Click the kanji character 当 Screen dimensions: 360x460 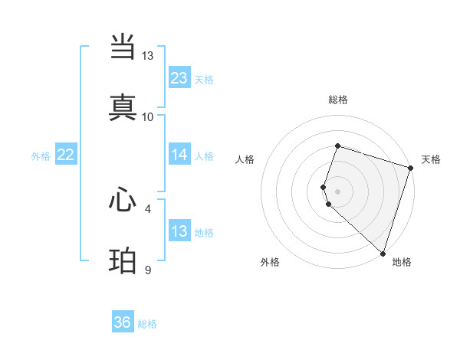click(123, 48)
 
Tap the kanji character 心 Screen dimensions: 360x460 click(123, 200)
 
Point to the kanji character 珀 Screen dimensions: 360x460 click(123, 261)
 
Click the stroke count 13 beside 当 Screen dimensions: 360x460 click(148, 56)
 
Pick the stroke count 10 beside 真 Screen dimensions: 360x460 click(148, 117)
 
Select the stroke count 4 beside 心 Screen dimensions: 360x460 click(148, 208)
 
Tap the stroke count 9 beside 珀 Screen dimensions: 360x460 click(148, 270)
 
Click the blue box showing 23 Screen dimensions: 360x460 click(179, 78)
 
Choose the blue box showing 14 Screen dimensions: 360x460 click(179, 155)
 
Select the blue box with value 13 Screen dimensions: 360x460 click(179, 231)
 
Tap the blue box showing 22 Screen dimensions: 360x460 click(66, 155)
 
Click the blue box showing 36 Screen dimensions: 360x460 click(123, 322)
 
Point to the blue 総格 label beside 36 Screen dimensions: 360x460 click(147, 324)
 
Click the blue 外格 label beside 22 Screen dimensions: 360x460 click(41, 156)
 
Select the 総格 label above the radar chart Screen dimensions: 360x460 click(338, 100)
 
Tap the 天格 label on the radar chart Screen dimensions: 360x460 click(431, 159)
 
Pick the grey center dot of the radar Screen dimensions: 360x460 click(338, 191)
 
